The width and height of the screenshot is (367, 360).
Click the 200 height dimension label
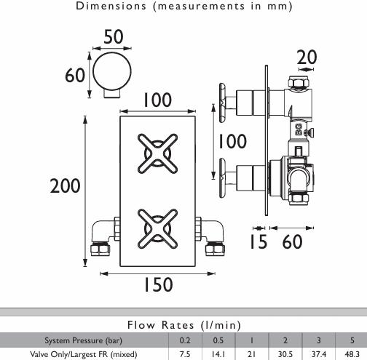(65, 185)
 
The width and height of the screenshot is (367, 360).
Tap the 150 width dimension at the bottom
(158, 284)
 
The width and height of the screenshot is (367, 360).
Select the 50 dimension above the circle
(114, 37)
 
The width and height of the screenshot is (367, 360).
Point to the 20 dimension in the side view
(307, 57)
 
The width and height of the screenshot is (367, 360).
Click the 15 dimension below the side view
(259, 241)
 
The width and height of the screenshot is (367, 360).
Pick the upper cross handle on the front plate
(157, 153)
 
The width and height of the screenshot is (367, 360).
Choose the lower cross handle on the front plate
(157, 228)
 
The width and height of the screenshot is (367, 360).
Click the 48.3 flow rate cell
(352, 354)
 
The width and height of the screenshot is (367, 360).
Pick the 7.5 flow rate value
(185, 354)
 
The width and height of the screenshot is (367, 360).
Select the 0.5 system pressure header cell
(218, 340)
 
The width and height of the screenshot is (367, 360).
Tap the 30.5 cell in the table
(285, 354)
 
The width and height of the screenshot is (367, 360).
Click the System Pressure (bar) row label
(83, 340)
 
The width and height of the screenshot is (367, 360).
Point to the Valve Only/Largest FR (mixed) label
(84, 354)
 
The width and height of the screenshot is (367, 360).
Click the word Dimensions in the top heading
(111, 6)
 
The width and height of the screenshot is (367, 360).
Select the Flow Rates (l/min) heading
(184, 325)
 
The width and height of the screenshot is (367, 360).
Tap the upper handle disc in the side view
(223, 103)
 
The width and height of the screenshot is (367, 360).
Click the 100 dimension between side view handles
(232, 141)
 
